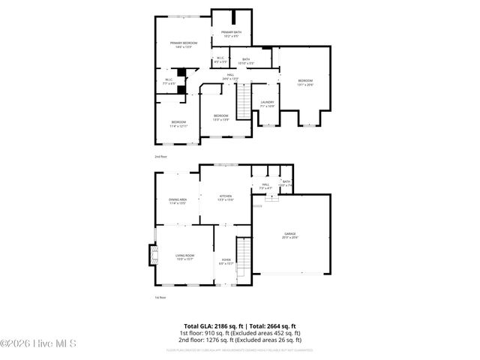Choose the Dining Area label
[177, 200]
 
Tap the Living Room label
[184, 257]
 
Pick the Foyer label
[226, 262]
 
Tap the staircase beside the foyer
[243, 258]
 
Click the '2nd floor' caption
[160, 157]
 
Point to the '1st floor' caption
[160, 298]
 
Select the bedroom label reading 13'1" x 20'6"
[304, 82]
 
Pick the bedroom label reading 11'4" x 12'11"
[178, 124]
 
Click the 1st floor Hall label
[265, 185]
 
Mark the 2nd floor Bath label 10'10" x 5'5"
[246, 61]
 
